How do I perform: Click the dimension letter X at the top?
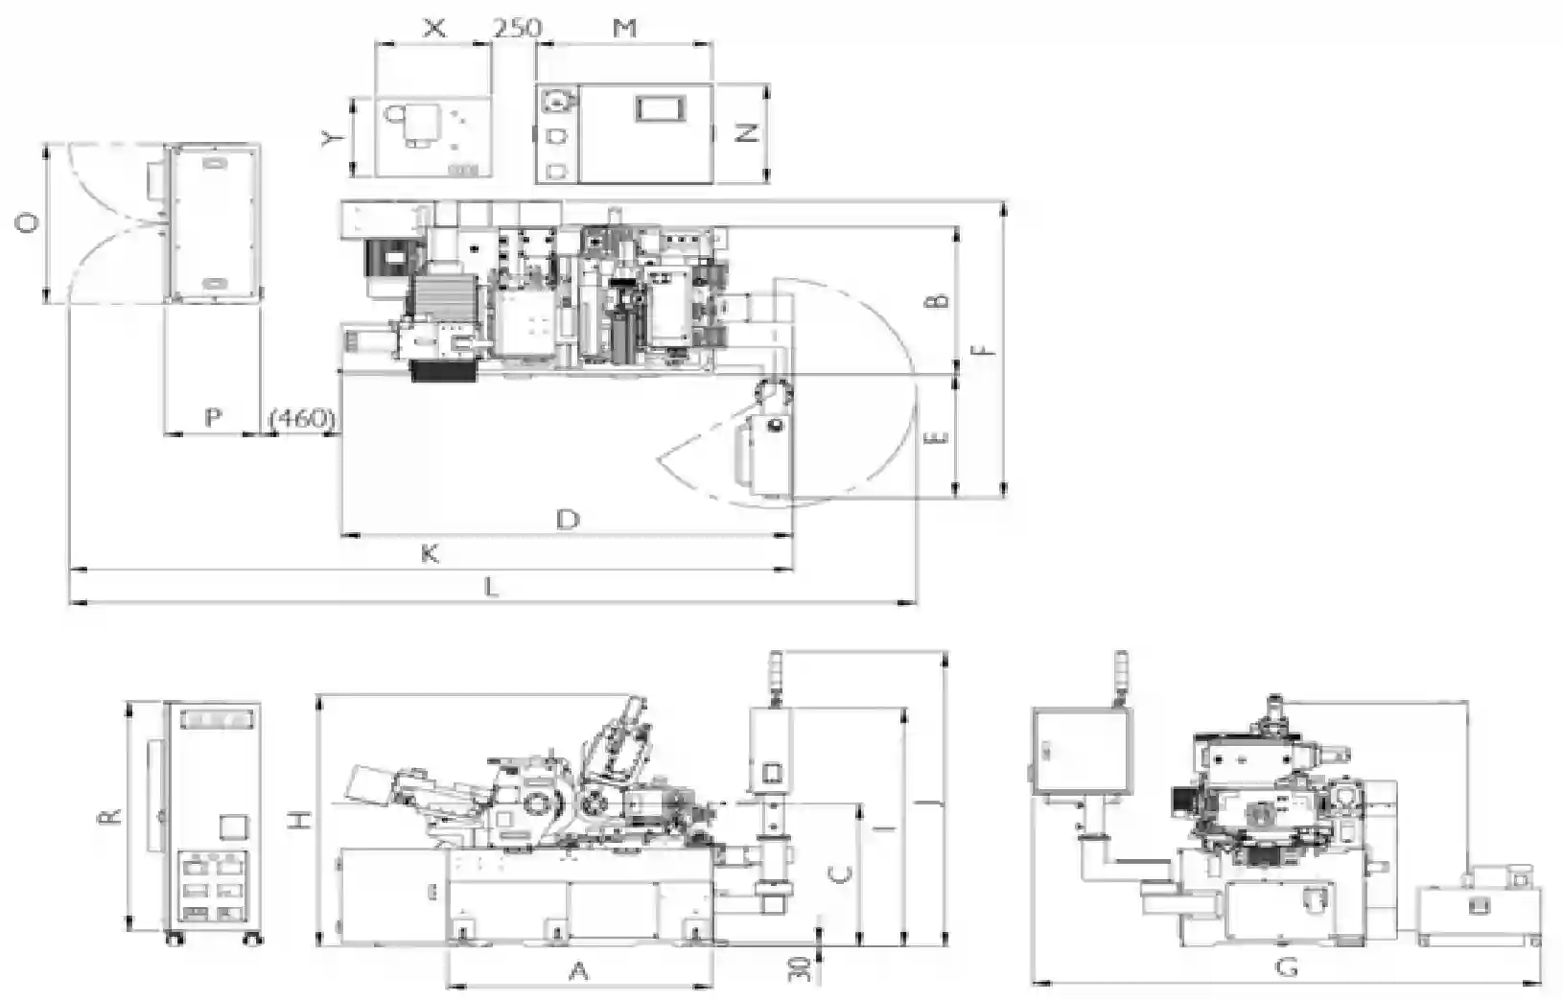(434, 28)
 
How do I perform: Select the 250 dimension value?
(517, 28)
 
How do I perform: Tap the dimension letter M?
(624, 28)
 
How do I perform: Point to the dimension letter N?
(747, 132)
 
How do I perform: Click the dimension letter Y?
(333, 138)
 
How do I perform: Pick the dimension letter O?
(27, 223)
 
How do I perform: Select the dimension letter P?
(213, 417)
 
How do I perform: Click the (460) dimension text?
(302, 418)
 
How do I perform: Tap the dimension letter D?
(568, 519)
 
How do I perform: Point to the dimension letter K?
(430, 554)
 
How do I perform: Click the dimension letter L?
(492, 588)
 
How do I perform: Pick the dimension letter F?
(985, 349)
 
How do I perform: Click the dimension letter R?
(112, 816)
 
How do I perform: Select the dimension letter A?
(578, 971)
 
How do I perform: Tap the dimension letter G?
(1286, 967)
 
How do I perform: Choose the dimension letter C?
(843, 874)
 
